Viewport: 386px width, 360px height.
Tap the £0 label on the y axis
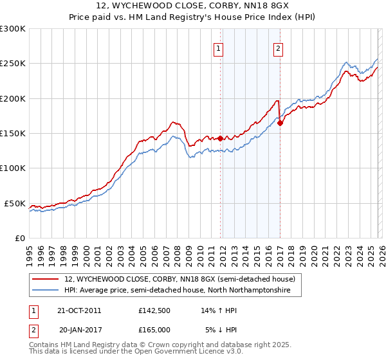[x=19, y=238]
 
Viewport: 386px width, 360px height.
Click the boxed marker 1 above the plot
[x=219, y=48]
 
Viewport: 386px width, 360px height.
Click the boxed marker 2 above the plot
[x=279, y=48]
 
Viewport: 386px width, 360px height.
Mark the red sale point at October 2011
[x=220, y=138]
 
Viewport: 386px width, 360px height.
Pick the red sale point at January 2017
[x=280, y=123]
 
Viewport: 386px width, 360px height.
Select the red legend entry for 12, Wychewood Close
[x=179, y=280]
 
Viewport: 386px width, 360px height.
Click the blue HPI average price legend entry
[x=177, y=291]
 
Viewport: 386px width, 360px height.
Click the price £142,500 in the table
[x=154, y=310]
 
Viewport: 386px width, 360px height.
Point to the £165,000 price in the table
[x=154, y=329]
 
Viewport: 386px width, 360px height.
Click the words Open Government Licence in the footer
[x=190, y=354]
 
